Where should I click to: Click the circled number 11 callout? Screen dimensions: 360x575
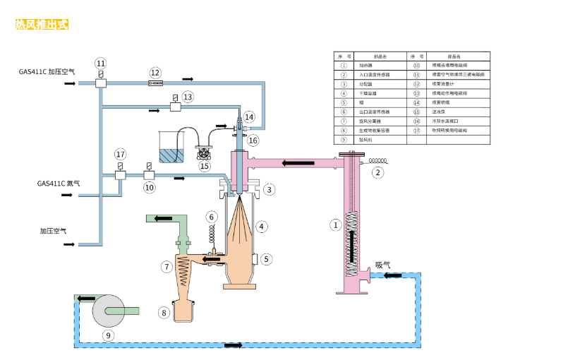point(101,63)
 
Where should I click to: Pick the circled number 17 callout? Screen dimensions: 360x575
point(120,154)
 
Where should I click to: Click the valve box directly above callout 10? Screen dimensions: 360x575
point(149,174)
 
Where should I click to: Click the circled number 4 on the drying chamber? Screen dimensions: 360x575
point(262,227)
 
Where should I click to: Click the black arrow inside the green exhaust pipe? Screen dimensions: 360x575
point(163,217)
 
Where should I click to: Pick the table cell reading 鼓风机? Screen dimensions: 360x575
point(375,140)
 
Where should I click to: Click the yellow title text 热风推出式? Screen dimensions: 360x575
point(42,25)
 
